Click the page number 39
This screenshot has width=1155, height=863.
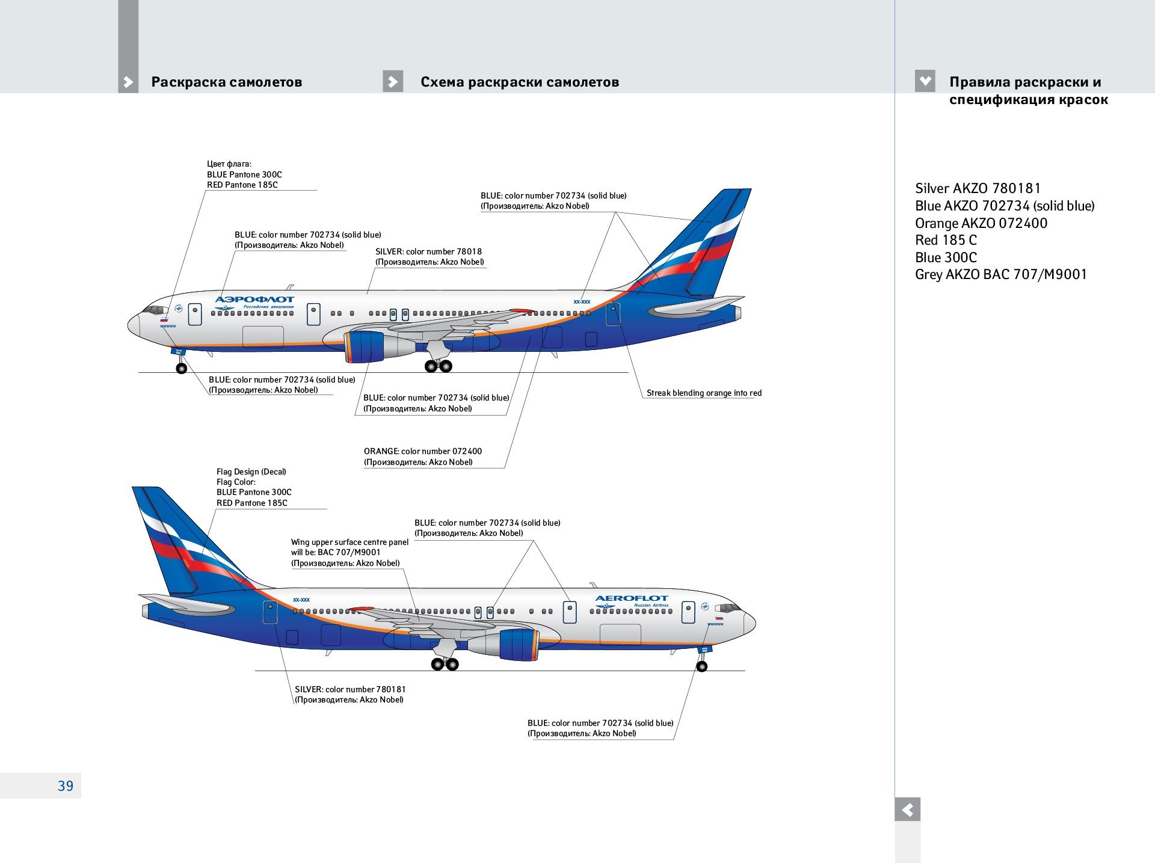[x=66, y=785]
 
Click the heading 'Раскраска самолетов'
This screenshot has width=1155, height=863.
[x=226, y=82]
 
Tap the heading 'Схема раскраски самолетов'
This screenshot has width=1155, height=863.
[x=519, y=82]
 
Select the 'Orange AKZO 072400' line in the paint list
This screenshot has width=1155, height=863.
[x=981, y=223]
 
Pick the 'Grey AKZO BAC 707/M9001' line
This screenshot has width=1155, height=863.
[x=1000, y=274]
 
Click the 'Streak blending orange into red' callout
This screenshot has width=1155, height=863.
[x=703, y=393]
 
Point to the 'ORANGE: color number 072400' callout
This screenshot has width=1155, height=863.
[x=422, y=451]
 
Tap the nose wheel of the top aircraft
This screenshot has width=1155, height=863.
[x=181, y=368]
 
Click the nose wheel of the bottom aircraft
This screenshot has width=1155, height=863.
[x=701, y=666]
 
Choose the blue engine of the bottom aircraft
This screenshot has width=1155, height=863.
[x=518, y=645]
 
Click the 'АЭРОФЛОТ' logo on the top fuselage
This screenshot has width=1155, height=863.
[x=254, y=299]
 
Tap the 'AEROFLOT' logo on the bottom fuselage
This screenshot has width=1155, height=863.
[x=632, y=598]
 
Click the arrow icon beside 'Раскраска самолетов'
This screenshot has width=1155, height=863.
[x=128, y=82]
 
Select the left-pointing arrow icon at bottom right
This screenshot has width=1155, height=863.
[x=907, y=809]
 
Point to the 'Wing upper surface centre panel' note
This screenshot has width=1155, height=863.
[x=349, y=542]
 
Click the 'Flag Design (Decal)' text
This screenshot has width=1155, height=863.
[x=251, y=471]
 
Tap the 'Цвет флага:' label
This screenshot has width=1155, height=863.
[x=229, y=164]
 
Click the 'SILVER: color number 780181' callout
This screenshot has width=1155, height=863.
[x=350, y=689]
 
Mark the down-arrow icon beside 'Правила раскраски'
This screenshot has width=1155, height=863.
[x=925, y=81]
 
